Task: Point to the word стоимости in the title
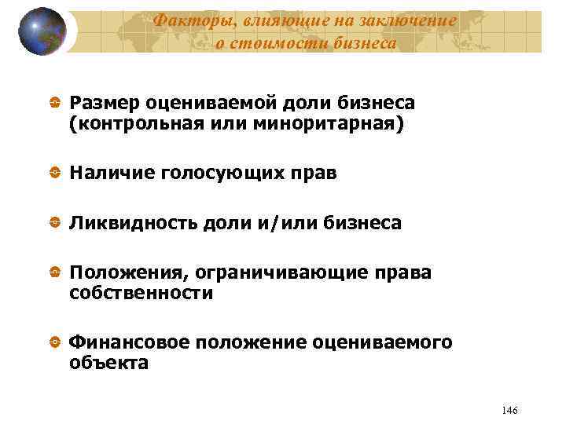coord(270,43)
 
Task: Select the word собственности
coord(141,294)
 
